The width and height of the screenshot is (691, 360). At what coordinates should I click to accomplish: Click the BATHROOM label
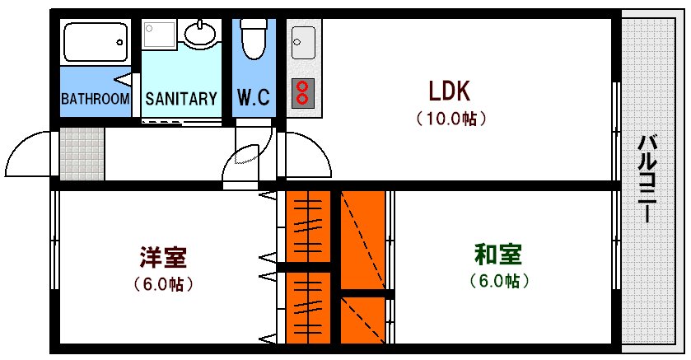click(96, 99)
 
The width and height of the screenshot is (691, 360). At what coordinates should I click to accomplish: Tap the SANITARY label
click(181, 99)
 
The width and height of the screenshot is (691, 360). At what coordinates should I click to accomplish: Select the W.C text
click(253, 99)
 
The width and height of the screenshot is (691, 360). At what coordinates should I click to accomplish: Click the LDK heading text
click(449, 89)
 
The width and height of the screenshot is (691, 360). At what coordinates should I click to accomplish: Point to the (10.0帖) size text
click(450, 118)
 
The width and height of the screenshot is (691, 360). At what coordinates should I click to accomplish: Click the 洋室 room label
click(163, 257)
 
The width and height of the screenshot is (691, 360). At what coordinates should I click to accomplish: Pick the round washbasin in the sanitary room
click(200, 34)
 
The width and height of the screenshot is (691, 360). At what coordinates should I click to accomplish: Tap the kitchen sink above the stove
click(303, 41)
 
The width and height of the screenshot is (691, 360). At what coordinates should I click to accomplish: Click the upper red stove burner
click(302, 86)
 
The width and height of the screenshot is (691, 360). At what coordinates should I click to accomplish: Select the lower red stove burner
click(302, 99)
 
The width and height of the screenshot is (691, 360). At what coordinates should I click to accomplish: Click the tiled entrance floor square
click(82, 153)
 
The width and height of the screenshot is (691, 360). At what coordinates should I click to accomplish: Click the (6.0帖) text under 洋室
click(163, 284)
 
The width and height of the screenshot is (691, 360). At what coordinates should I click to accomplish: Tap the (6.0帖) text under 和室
click(499, 281)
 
